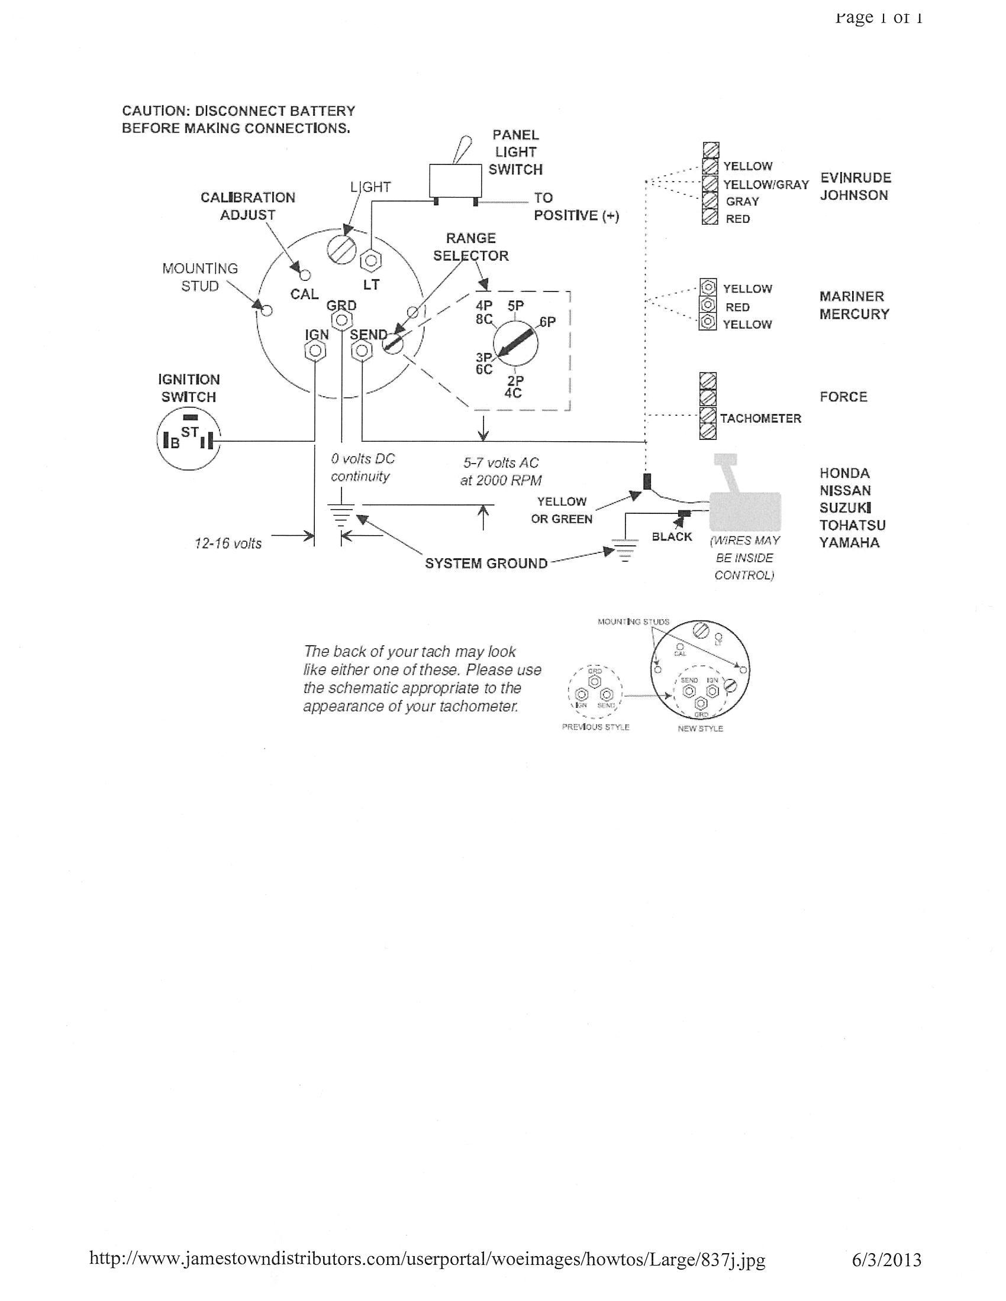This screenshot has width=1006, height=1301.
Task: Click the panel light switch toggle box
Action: point(455,180)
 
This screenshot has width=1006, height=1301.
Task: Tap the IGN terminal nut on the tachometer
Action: point(315,351)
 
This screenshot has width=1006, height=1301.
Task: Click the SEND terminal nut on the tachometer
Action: point(361,351)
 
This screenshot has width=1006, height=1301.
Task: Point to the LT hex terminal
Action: point(371,260)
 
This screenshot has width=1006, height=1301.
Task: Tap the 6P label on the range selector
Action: point(547,322)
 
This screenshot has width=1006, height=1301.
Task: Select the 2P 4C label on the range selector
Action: point(514,387)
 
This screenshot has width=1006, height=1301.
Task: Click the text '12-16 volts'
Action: point(228,543)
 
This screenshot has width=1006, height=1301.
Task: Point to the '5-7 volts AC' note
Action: point(501,463)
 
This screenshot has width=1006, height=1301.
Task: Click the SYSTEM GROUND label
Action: point(486,564)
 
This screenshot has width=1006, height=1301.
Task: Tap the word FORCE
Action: point(843,397)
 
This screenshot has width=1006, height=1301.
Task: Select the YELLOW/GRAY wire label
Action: point(766,185)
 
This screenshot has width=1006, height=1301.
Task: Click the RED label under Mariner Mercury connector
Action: point(737,308)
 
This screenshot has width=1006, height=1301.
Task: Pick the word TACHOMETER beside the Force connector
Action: point(760,418)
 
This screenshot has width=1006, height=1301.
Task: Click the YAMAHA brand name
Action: point(849,543)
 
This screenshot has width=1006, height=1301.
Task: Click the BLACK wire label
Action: point(672,537)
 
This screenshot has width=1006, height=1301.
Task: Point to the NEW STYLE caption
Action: point(699,729)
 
